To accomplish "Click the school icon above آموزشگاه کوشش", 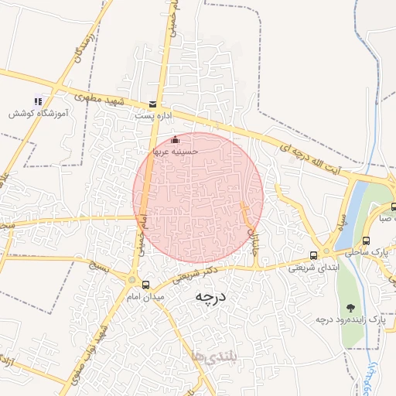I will (38, 101).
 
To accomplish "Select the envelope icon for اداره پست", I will (152, 104).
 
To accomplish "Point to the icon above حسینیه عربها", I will (175, 140).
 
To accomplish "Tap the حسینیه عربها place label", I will (176, 152).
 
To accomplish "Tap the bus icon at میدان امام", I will (146, 285).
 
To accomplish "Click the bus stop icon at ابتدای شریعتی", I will (313, 255).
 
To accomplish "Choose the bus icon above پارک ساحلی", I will (366, 240).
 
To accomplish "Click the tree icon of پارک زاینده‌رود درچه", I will (351, 308).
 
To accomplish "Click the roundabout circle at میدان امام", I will (133, 280).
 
